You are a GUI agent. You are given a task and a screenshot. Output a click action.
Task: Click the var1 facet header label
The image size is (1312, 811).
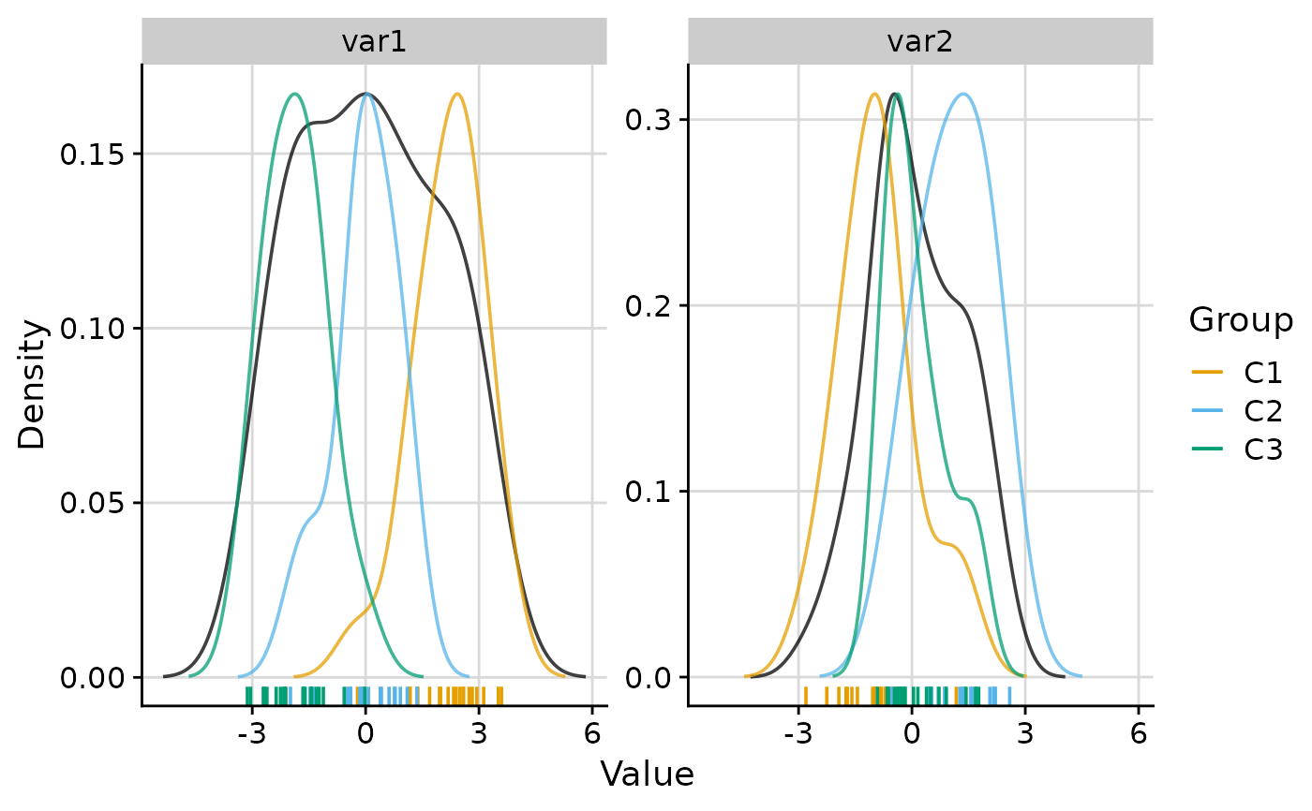(x=373, y=43)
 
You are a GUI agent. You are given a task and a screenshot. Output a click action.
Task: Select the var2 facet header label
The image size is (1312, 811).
(x=919, y=43)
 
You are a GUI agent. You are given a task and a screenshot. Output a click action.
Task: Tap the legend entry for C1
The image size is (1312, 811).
(x=1262, y=373)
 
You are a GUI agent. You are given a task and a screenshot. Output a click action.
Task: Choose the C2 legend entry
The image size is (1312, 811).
(x=1262, y=411)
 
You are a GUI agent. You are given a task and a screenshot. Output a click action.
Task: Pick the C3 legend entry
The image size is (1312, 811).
(x=1262, y=450)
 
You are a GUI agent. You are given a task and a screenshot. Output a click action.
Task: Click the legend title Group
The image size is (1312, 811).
(x=1240, y=320)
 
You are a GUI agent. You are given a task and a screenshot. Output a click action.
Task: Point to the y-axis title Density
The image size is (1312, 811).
(x=33, y=384)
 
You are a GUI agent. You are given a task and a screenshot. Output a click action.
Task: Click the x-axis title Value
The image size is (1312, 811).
(x=647, y=774)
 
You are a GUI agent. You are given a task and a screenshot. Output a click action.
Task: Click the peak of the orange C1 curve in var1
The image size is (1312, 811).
(x=456, y=94)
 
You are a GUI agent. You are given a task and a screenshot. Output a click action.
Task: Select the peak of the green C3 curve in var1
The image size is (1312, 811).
(x=295, y=94)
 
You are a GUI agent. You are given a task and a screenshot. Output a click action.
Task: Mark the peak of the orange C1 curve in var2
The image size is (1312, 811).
(x=874, y=94)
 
